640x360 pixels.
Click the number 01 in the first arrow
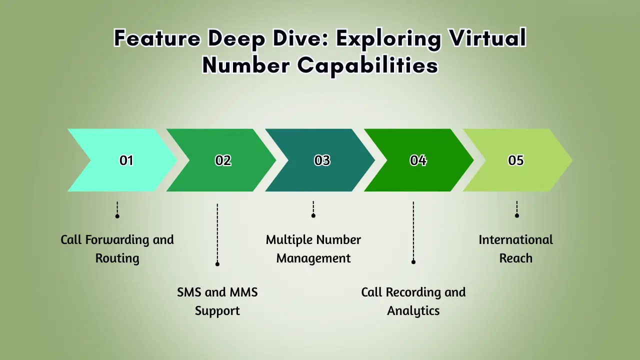click(126, 160)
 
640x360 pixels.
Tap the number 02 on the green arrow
click(223, 160)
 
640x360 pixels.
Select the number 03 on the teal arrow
click(322, 160)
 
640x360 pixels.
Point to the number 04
click(418, 160)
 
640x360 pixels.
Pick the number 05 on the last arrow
click(515, 160)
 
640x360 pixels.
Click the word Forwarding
click(117, 240)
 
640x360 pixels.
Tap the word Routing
click(117, 258)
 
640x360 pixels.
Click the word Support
click(217, 311)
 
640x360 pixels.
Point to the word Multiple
click(289, 240)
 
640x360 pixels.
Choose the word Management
click(313, 258)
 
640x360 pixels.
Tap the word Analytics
click(413, 311)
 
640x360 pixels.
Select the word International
click(515, 240)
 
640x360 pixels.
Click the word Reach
click(515, 258)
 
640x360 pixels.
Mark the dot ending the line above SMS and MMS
click(217, 264)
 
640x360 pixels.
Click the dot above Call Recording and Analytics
click(413, 262)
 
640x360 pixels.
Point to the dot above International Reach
click(517, 215)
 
